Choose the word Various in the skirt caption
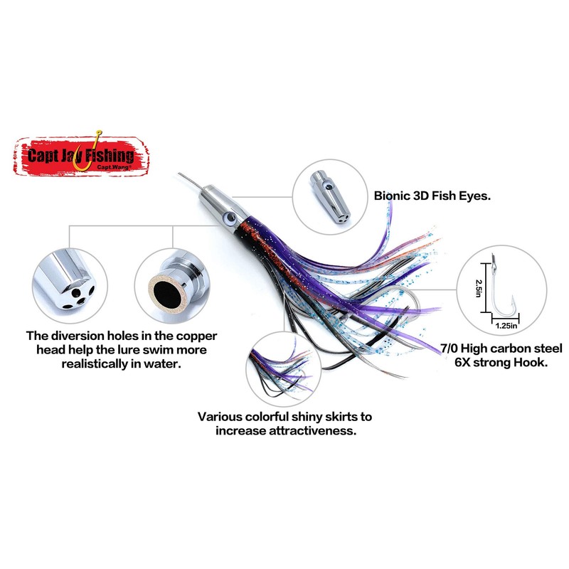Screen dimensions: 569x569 click(221, 417)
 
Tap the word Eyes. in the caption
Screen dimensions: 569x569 click(473, 194)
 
